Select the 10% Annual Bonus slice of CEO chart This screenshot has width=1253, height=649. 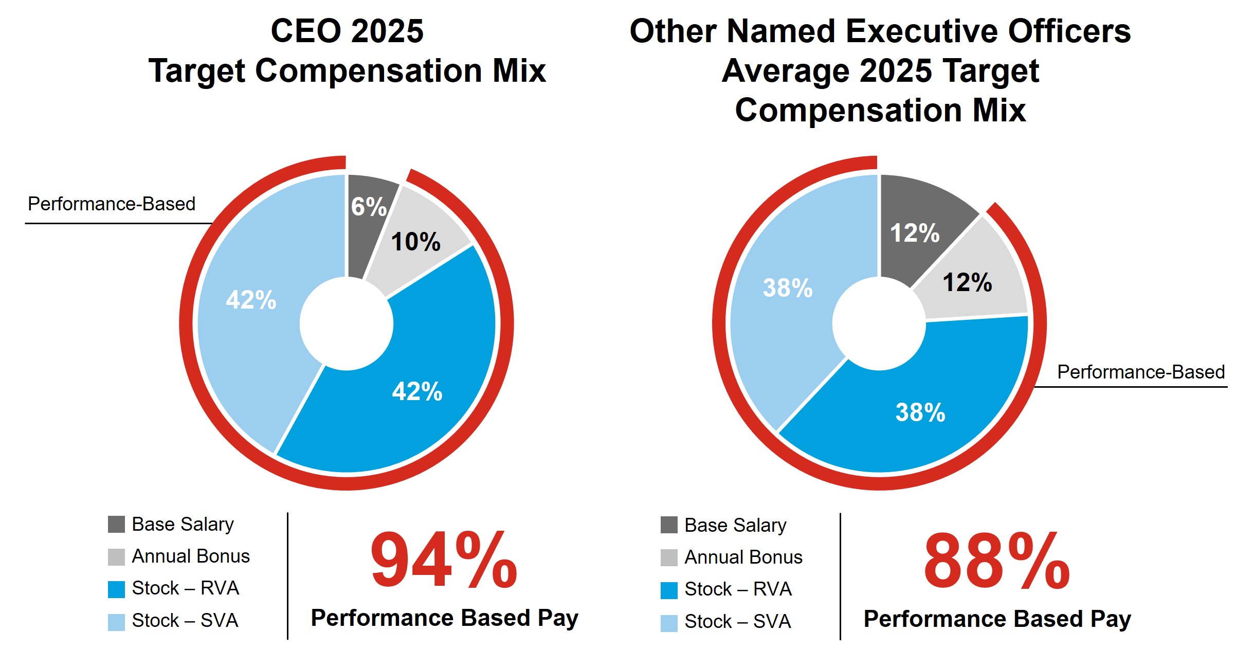pyautogui.click(x=415, y=242)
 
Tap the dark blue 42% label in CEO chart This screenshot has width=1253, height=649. pyautogui.click(x=417, y=391)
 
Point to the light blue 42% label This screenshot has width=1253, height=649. pyautogui.click(x=251, y=300)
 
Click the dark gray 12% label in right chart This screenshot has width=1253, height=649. pyautogui.click(x=915, y=233)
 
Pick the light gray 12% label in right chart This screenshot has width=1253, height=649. pyautogui.click(x=967, y=282)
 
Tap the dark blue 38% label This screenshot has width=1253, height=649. pyautogui.click(x=920, y=412)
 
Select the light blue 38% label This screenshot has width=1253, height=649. pyautogui.click(x=788, y=288)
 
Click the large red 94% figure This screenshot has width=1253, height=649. pyautogui.click(x=443, y=561)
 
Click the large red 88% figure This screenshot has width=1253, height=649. pyautogui.click(x=996, y=562)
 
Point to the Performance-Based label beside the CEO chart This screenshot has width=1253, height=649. pyautogui.click(x=112, y=204)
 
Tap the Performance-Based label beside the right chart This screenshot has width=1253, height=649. pyautogui.click(x=1140, y=372)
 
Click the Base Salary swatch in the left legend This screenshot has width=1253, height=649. pyautogui.click(x=116, y=525)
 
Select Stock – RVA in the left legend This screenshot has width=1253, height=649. pyautogui.click(x=185, y=588)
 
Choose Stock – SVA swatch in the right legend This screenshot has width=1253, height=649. pyautogui.click(x=669, y=623)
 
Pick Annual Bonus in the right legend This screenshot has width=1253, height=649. pyautogui.click(x=743, y=557)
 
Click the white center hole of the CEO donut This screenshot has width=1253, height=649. pyautogui.click(x=347, y=323)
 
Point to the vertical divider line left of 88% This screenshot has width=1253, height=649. pyautogui.click(x=840, y=576)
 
